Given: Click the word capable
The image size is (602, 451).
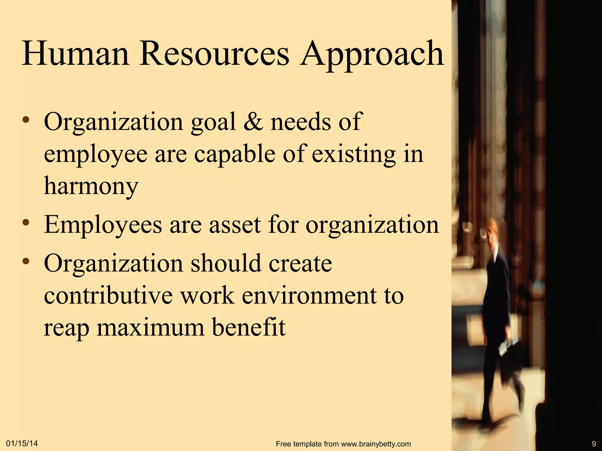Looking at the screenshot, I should (235, 155).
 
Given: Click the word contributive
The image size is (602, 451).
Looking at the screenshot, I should (108, 295).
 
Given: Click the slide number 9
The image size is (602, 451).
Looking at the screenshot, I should (594, 444).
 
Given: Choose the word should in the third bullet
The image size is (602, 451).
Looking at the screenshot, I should (226, 263).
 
